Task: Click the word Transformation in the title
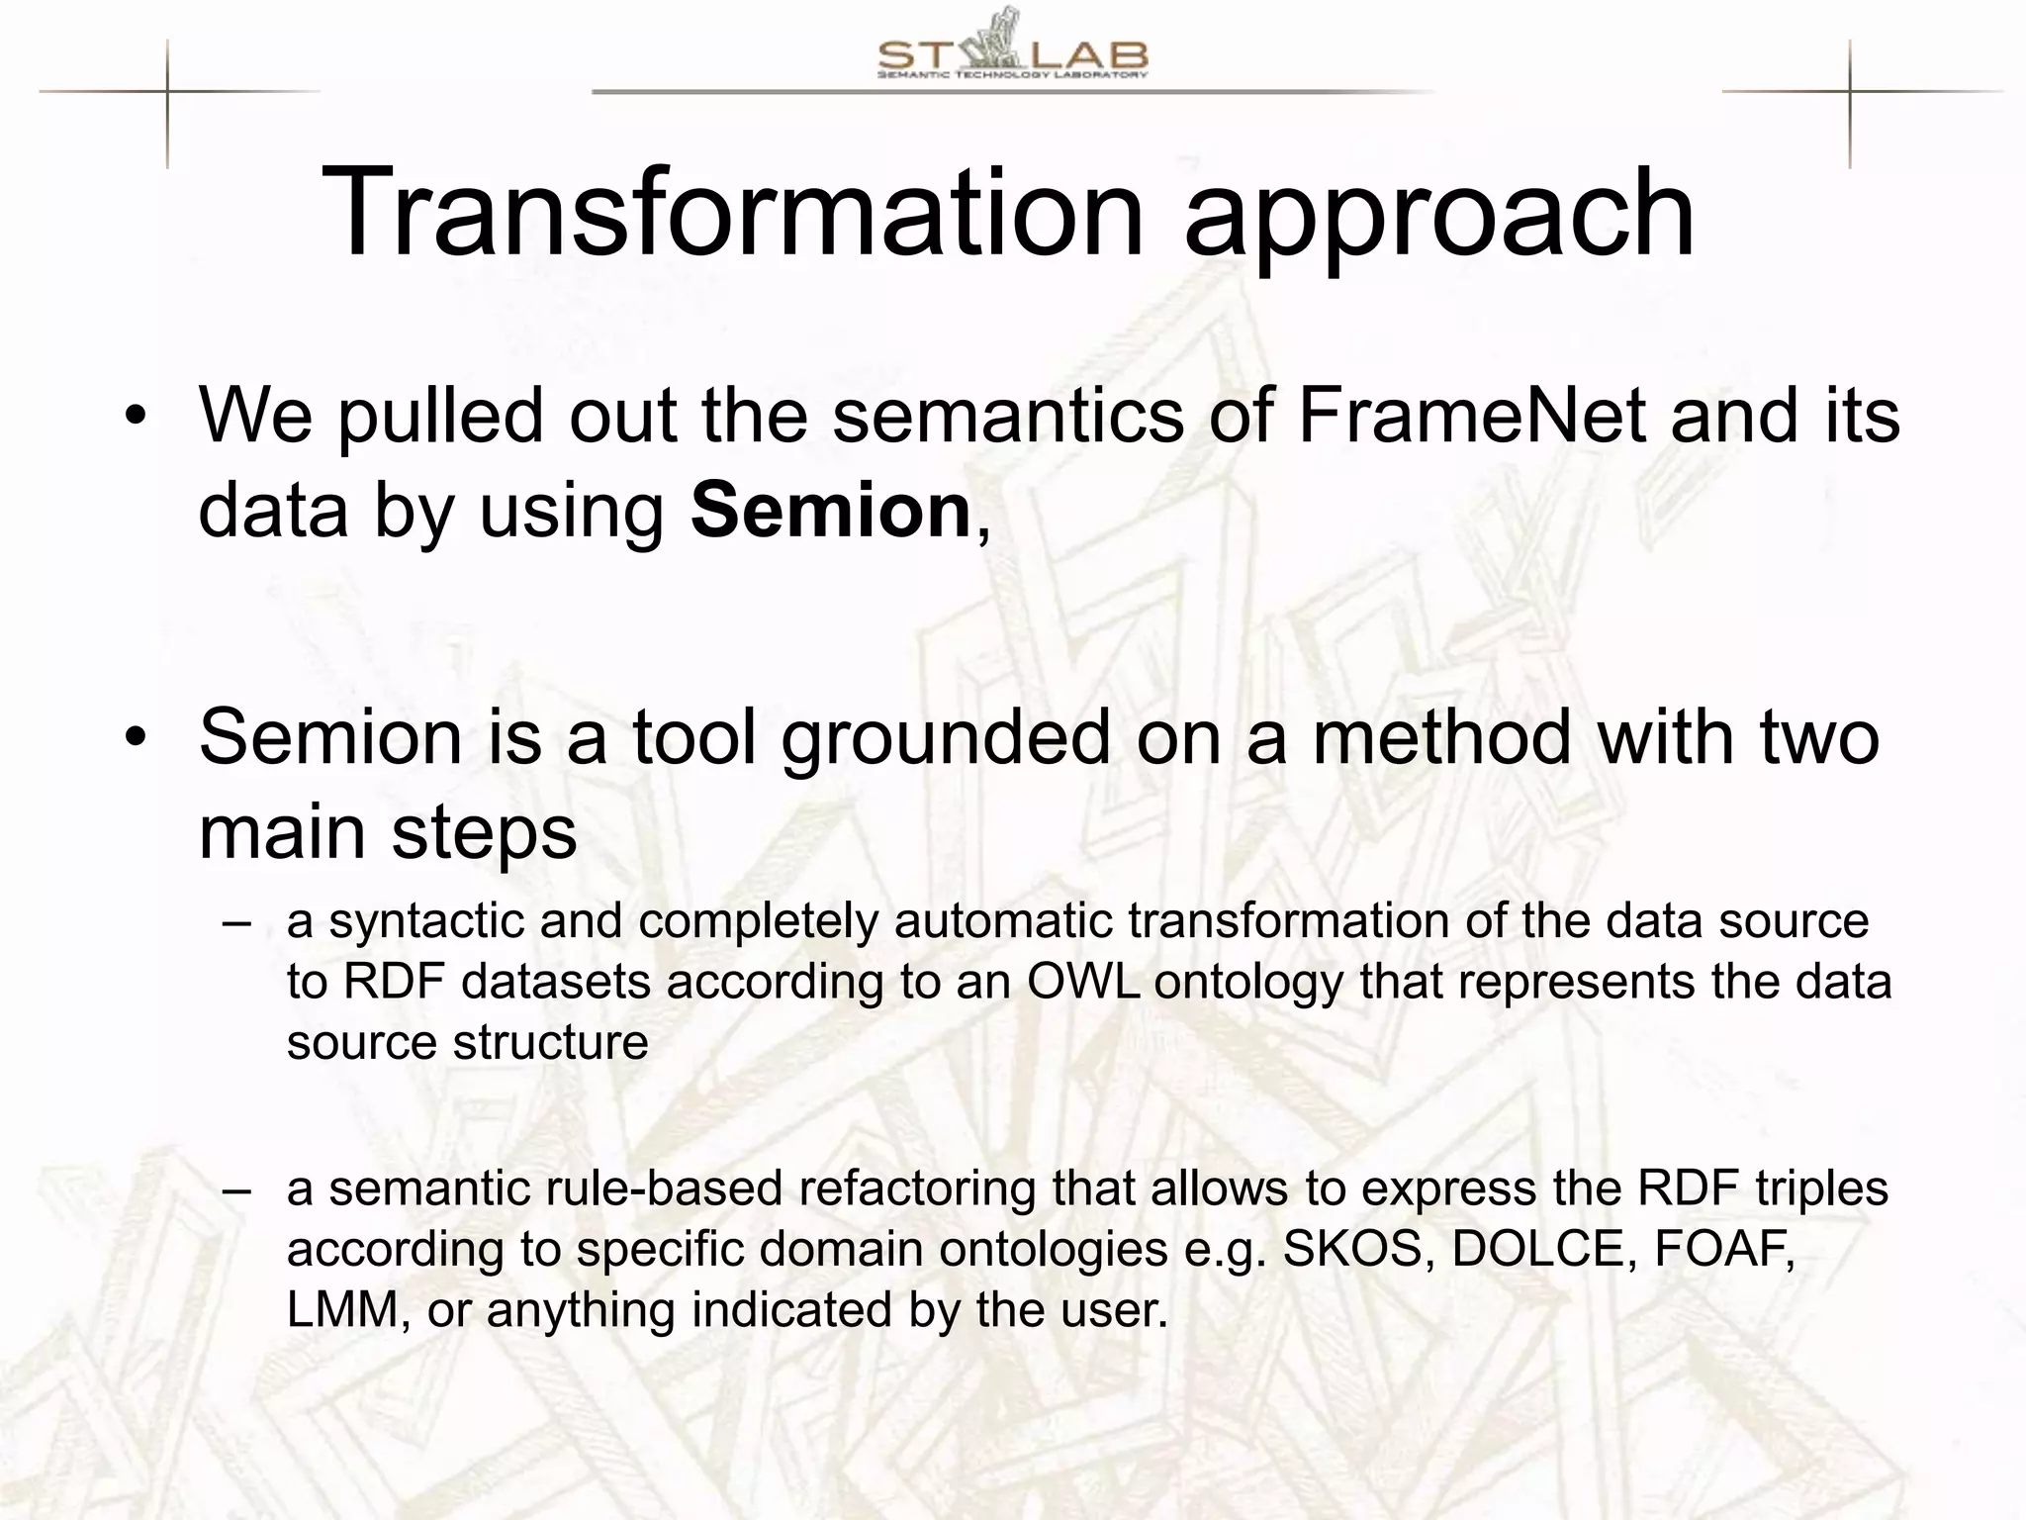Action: [x=732, y=213]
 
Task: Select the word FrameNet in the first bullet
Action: [x=1471, y=416]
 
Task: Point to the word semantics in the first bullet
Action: [x=1007, y=416]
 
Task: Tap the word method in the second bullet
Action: [x=1441, y=737]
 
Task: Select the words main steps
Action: [x=387, y=832]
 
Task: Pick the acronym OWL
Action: [x=1085, y=982]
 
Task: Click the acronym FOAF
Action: [x=1722, y=1249]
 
